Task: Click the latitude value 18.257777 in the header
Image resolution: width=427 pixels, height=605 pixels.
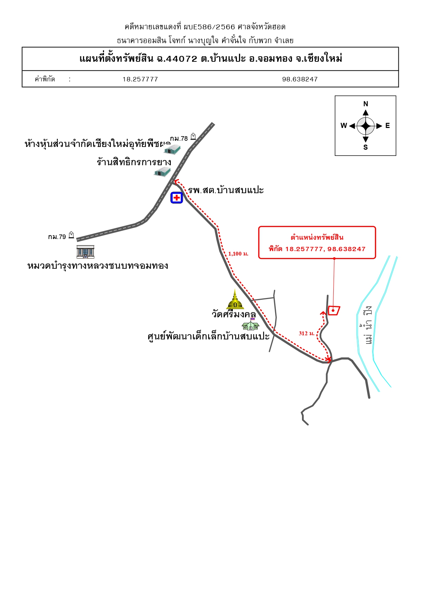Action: click(x=140, y=79)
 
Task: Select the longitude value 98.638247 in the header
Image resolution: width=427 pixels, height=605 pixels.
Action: click(x=300, y=79)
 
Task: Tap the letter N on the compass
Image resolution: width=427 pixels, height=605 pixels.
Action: click(x=366, y=104)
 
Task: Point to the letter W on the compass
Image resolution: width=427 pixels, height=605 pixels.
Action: click(x=344, y=126)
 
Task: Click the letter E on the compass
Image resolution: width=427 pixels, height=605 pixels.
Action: click(x=388, y=126)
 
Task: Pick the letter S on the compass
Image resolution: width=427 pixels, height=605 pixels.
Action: click(x=366, y=147)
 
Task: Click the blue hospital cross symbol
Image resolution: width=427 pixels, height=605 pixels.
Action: click(x=177, y=198)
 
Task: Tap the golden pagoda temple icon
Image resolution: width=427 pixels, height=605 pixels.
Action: click(x=235, y=299)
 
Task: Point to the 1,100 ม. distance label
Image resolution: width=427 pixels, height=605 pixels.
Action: click(x=238, y=254)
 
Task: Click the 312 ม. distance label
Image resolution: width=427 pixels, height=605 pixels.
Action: click(x=307, y=334)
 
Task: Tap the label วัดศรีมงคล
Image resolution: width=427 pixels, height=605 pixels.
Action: click(x=234, y=314)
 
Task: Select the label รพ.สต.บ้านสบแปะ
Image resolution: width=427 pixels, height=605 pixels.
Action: click(x=226, y=190)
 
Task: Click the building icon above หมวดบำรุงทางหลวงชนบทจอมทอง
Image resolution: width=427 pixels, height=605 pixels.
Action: click(x=85, y=252)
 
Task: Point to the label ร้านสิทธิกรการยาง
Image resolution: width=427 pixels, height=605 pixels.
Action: click(x=134, y=162)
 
